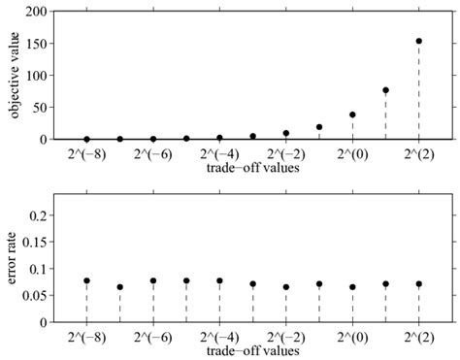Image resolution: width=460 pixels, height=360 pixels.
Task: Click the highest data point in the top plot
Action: pyautogui.click(x=418, y=41)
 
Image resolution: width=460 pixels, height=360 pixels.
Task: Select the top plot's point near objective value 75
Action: pyautogui.click(x=385, y=90)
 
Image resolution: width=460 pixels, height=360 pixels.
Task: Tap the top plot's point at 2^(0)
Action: pyautogui.click(x=352, y=115)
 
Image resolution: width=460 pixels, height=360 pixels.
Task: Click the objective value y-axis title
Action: pyautogui.click(x=15, y=75)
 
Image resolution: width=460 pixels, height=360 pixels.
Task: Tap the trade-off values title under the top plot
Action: pyautogui.click(x=251, y=168)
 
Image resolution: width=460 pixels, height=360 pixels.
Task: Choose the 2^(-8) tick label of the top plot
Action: pyautogui.click(x=87, y=153)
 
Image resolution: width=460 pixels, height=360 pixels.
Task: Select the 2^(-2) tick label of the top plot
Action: pyautogui.click(x=285, y=153)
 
